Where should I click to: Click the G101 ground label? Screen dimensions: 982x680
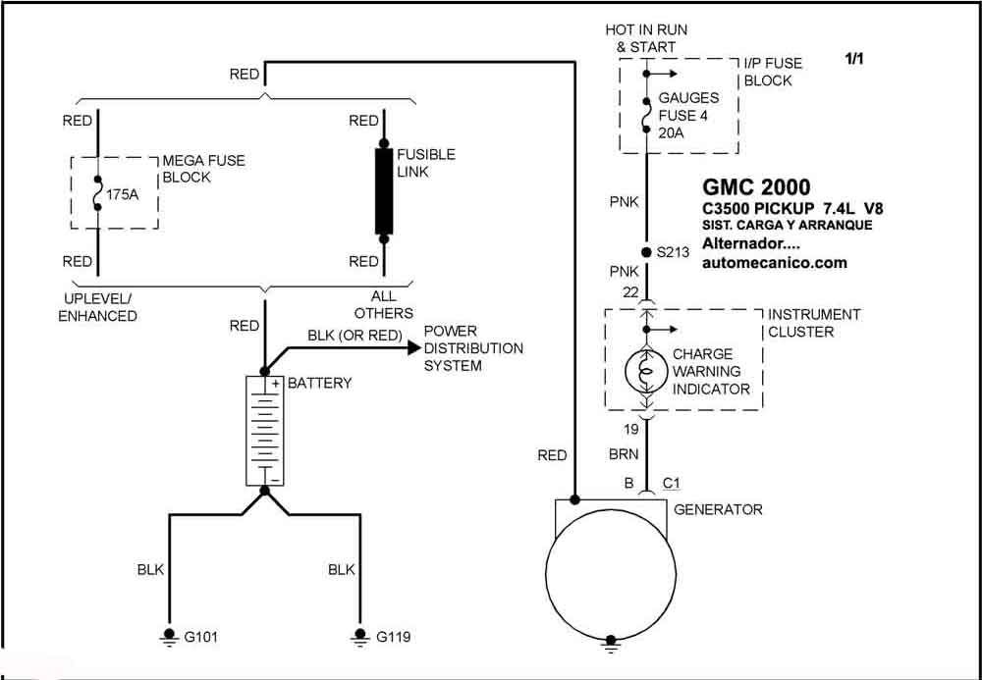click(x=201, y=637)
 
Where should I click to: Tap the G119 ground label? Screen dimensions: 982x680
click(x=394, y=637)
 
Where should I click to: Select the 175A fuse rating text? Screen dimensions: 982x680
click(x=122, y=194)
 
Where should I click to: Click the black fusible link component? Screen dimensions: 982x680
click(x=384, y=190)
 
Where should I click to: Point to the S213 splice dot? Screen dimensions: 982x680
click(x=646, y=253)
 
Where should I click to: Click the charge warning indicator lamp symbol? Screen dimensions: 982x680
click(x=647, y=372)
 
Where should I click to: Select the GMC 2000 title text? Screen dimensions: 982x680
click(x=756, y=187)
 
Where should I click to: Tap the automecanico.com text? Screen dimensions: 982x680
click(x=775, y=263)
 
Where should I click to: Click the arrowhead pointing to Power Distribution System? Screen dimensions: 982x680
click(x=413, y=347)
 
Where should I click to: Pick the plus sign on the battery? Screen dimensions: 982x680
click(x=275, y=384)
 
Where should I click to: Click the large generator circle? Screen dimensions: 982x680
click(x=611, y=574)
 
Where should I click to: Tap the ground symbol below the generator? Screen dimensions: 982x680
click(x=611, y=645)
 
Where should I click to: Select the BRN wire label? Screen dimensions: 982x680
click(x=624, y=454)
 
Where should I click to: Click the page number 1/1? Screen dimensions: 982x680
click(x=854, y=60)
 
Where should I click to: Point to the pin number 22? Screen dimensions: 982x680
click(x=630, y=292)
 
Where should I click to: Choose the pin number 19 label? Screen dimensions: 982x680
click(x=630, y=430)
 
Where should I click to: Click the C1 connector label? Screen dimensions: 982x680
click(x=672, y=484)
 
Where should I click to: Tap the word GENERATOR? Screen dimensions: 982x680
click(x=719, y=510)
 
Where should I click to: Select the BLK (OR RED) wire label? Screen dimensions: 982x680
click(x=355, y=336)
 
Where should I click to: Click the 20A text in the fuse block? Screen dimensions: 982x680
click(x=672, y=133)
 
